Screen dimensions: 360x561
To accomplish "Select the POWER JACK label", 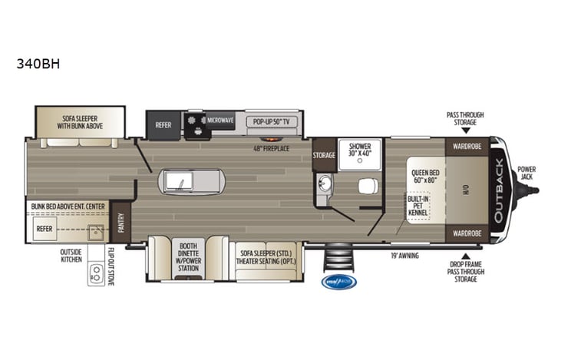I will click(527, 173).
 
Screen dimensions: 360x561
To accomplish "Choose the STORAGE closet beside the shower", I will click(324, 155).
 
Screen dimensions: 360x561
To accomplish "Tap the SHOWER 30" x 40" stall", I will click(360, 150).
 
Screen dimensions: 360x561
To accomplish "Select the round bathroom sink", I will click(324, 183).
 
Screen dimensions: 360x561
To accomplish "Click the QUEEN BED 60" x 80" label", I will click(424, 177).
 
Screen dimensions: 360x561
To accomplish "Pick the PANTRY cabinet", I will click(120, 222).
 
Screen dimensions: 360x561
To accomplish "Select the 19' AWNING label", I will click(404, 255).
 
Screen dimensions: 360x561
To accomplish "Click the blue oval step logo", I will click(338, 282).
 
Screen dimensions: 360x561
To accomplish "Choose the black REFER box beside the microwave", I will click(164, 124).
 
